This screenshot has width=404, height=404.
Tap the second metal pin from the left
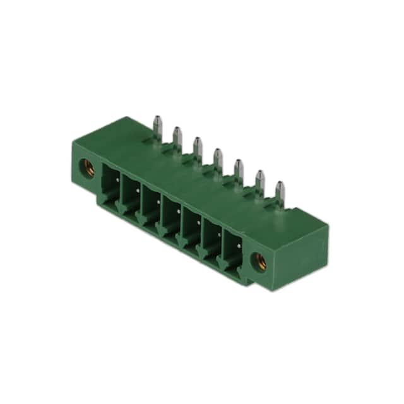pos(177,136)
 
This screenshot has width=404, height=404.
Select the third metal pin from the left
pos(197,146)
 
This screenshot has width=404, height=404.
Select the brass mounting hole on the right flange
pos(258,259)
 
